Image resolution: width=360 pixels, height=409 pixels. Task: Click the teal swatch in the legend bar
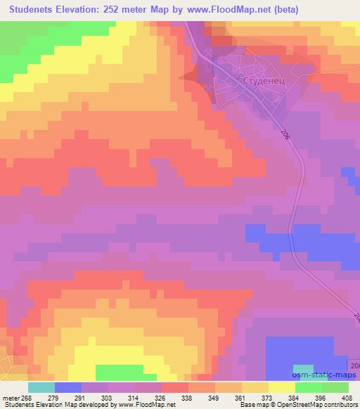pos(41,387)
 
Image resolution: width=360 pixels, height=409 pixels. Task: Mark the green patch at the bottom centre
pos(118,372)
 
